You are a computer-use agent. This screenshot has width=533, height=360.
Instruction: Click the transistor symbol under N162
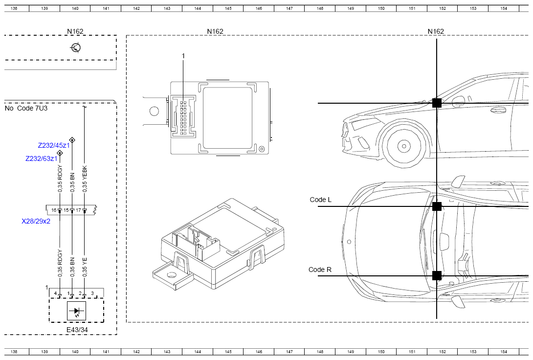pyautogui.click(x=75, y=47)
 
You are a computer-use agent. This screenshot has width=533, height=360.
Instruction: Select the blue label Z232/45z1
pyautogui.click(x=54, y=145)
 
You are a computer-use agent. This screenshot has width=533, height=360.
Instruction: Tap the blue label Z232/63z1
pyautogui.click(x=42, y=159)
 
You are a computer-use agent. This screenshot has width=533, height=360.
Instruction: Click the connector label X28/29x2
pyautogui.click(x=36, y=221)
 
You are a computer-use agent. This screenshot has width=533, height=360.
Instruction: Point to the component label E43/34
pyautogui.click(x=77, y=330)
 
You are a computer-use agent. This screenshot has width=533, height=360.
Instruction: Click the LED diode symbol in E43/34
pyautogui.click(x=76, y=311)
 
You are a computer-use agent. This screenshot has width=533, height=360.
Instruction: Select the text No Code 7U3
pyautogui.click(x=26, y=109)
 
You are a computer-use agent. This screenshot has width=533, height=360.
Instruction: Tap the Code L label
pyautogui.click(x=321, y=200)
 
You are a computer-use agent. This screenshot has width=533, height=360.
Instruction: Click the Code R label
pyautogui.click(x=320, y=270)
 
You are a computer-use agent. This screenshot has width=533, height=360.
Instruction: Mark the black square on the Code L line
pyautogui.click(x=437, y=206)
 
